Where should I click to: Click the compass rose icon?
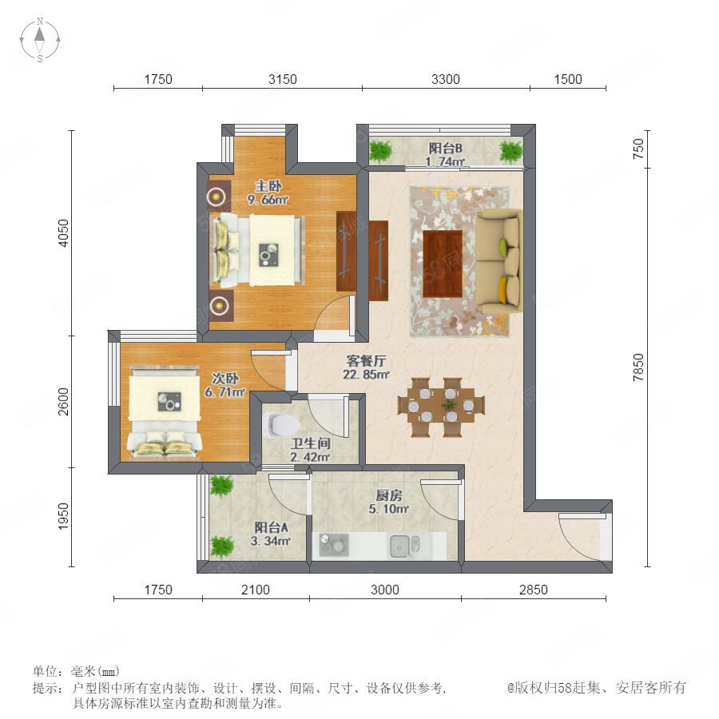click(40, 40)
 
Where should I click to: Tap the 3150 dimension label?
click(283, 79)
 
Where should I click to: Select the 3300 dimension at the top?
click(445, 79)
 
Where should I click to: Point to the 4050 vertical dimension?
click(64, 233)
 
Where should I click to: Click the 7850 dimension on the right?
click(638, 367)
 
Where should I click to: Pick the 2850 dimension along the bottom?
click(534, 590)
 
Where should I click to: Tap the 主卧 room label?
click(268, 186)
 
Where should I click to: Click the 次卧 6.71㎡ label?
click(224, 385)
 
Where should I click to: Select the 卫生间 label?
click(311, 443)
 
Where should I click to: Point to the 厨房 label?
click(389, 495)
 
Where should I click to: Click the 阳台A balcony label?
click(272, 527)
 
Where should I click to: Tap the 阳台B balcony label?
click(445, 148)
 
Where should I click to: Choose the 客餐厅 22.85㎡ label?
click(366, 367)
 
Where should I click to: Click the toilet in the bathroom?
click(280, 425)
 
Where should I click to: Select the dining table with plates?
click(442, 406)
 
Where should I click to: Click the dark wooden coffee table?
click(443, 264)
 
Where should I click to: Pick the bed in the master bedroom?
click(256, 249)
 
